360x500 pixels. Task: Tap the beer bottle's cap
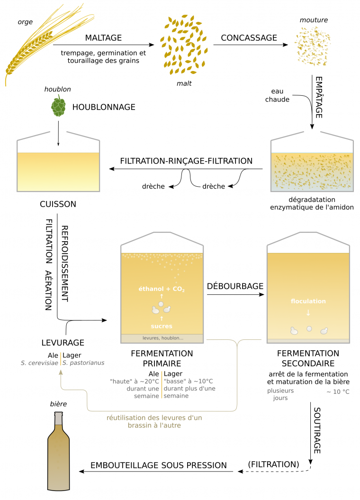point(59,417)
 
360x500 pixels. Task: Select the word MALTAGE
point(103,38)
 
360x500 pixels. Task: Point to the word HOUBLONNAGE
point(104,108)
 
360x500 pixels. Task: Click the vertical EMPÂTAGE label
point(319,97)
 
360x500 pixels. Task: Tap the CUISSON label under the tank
point(58,204)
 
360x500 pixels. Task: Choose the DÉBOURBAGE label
point(235,287)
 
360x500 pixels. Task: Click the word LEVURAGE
point(63,342)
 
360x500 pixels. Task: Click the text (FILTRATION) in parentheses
point(274,464)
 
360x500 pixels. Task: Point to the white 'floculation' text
point(308,301)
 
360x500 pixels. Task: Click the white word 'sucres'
point(162,326)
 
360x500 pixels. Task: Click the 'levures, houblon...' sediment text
point(162,338)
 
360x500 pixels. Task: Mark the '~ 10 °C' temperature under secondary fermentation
point(338,392)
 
